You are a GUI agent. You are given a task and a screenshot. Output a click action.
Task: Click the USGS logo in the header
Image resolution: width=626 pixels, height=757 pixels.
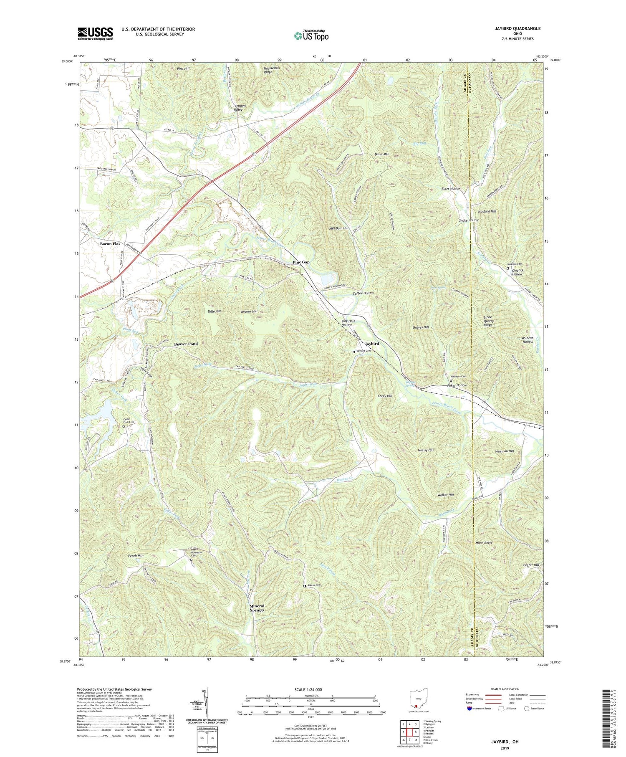point(95,33)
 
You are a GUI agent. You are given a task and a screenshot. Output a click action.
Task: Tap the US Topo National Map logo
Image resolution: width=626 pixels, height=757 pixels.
point(311,35)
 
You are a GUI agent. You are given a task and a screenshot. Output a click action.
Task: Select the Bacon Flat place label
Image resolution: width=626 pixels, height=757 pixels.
point(110,243)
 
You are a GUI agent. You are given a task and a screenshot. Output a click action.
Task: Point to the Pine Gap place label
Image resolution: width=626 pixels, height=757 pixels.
point(301,262)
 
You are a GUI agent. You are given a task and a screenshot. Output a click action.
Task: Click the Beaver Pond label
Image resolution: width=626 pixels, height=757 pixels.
point(186,344)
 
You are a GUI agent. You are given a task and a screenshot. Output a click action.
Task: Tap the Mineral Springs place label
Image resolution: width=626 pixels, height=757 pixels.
point(257,608)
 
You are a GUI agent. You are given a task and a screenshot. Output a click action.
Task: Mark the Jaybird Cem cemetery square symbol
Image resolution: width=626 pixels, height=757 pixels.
point(354,352)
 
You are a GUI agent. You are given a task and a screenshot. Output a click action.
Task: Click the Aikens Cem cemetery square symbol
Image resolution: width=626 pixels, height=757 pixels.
point(304,586)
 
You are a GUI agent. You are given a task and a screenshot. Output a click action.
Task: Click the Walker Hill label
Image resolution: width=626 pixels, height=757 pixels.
point(445,495)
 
